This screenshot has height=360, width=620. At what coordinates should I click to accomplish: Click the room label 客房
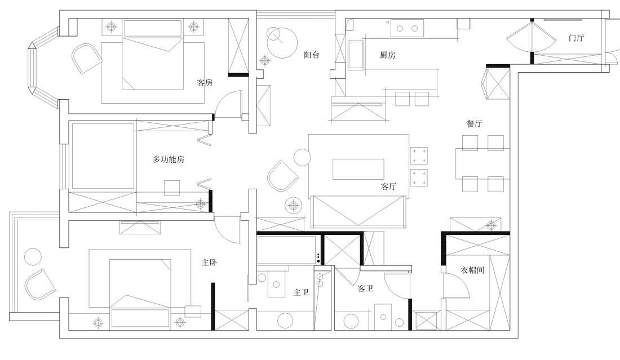click(x=205, y=83)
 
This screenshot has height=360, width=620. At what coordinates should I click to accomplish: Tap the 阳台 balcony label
click(x=312, y=55)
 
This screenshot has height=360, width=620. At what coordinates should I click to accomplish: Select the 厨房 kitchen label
click(x=388, y=55)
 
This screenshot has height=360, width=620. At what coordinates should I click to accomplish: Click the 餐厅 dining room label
click(x=474, y=124)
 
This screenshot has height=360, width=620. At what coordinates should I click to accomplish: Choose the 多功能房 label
click(x=169, y=159)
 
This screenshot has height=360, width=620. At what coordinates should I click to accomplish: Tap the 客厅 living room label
click(x=389, y=186)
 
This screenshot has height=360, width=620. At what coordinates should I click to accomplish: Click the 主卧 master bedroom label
click(x=210, y=263)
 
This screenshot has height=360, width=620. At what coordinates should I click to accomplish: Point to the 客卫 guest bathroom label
click(x=366, y=288)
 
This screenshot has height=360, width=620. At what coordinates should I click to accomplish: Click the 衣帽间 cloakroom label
click(x=472, y=270)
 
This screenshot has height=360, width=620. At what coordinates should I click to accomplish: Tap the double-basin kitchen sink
click(x=407, y=26)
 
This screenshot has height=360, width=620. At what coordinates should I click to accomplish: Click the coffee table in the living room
click(x=358, y=169)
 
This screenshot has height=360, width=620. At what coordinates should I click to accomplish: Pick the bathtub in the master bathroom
click(x=286, y=250)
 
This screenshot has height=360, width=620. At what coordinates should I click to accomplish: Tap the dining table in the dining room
click(x=482, y=163)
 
